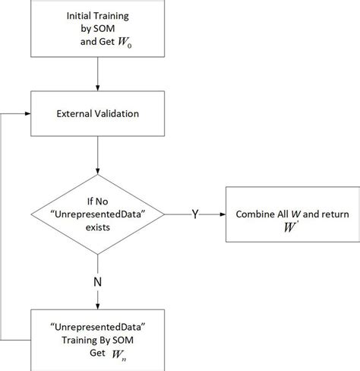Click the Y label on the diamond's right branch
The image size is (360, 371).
tap(194, 214)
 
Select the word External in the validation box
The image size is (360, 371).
tap(74, 115)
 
